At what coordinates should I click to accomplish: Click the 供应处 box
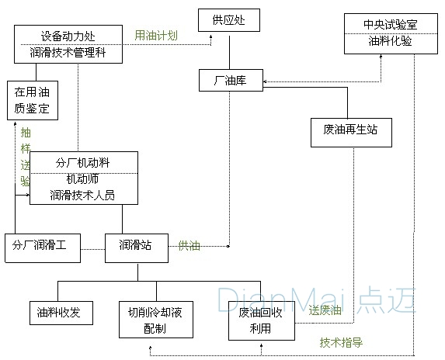[228, 19]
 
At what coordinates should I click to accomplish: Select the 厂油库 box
[230, 80]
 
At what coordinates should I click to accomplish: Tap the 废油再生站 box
[350, 130]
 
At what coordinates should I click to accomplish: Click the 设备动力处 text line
[69, 36]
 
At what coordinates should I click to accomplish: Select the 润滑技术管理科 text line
[69, 53]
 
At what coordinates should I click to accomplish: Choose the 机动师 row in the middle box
[83, 178]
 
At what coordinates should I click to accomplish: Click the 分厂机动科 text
[83, 162]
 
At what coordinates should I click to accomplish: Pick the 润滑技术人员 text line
[83, 196]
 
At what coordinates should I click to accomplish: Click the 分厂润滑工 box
[40, 245]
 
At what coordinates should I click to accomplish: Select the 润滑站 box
[135, 245]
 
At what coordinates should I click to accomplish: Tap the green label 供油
[189, 246]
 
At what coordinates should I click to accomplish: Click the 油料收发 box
[60, 313]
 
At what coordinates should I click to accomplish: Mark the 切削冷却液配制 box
[155, 320]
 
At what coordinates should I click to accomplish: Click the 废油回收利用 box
[262, 320]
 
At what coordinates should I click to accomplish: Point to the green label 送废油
[324, 310]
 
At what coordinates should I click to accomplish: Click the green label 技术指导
[341, 341]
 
